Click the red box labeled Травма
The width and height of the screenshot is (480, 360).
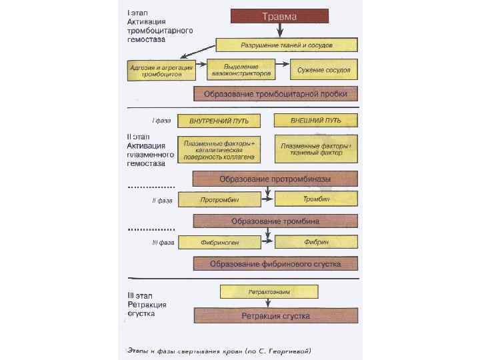[x=279, y=16]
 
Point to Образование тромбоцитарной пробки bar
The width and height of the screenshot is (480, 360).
[x=275, y=93]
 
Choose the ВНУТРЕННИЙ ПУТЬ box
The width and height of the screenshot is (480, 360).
[x=219, y=121]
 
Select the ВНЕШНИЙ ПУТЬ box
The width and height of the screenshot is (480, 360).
[x=316, y=121]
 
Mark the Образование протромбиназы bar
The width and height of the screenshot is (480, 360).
[x=275, y=179]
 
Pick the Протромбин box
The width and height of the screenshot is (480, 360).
[x=219, y=199]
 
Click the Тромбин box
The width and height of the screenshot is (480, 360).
[x=316, y=199]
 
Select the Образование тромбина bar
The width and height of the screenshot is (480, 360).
[x=275, y=221]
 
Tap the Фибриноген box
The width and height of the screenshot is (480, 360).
[x=219, y=242]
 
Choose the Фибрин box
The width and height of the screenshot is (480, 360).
[x=316, y=242]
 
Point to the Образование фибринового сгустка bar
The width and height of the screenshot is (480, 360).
[x=275, y=263]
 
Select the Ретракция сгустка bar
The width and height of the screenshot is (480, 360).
[x=275, y=314]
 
